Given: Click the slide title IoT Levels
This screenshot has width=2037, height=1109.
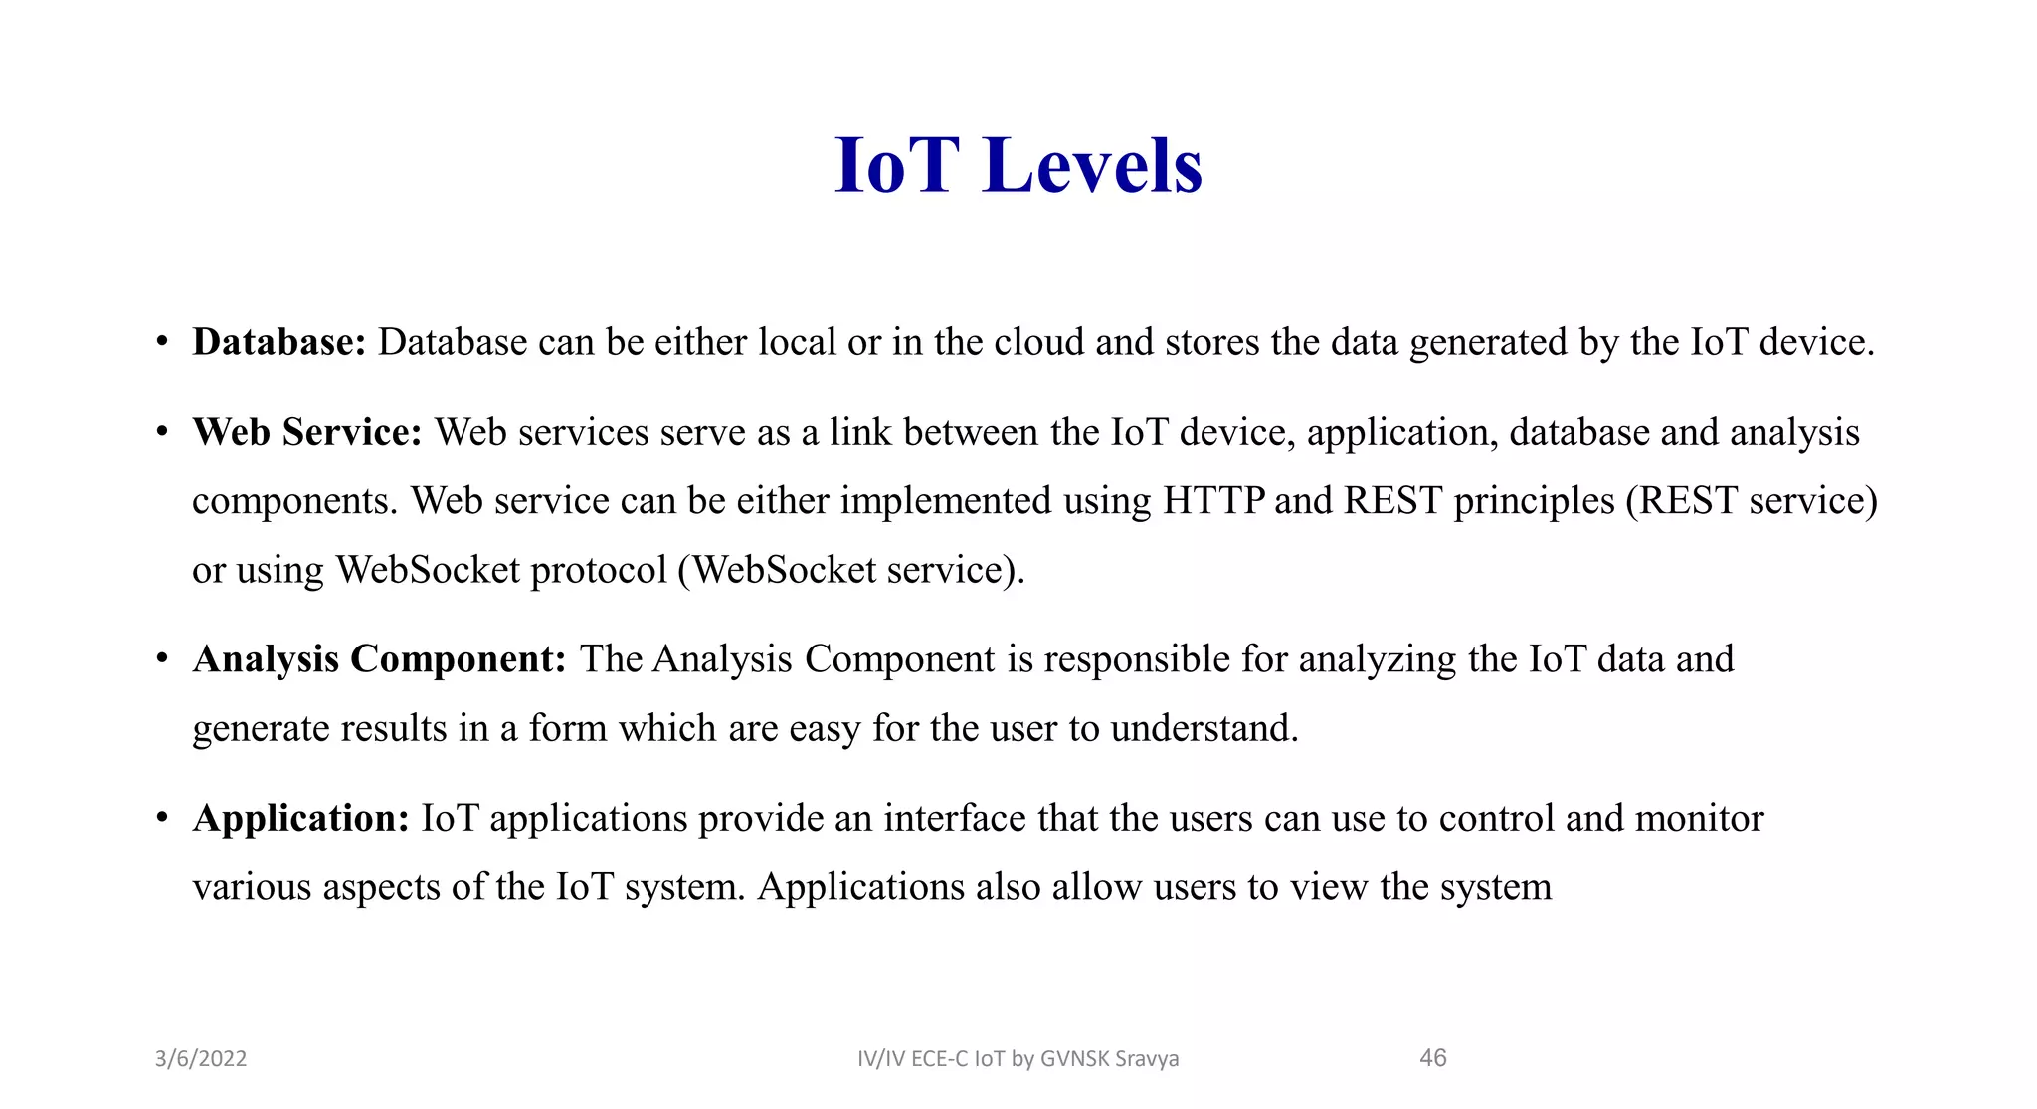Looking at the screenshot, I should point(1018,165).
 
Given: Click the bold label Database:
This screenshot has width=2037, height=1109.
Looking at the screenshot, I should point(279,342).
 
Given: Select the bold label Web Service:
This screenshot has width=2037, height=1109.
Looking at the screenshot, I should point(307,432).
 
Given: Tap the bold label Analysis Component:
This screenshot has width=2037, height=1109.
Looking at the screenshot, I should point(379,659).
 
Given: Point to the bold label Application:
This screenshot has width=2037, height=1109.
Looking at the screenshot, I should point(300,819).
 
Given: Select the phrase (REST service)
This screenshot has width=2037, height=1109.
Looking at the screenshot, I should point(1752,500).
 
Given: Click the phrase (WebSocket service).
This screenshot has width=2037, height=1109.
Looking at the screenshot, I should point(850,570).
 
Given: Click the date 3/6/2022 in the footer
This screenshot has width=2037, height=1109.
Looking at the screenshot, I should point(201,1058).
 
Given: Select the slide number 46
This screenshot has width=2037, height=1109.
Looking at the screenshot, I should point(1432,1058).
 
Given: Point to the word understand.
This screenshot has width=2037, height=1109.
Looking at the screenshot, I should point(1204,729).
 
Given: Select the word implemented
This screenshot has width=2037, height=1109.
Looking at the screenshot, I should point(945,500).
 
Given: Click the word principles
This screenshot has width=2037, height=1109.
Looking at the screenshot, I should point(1534,501).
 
